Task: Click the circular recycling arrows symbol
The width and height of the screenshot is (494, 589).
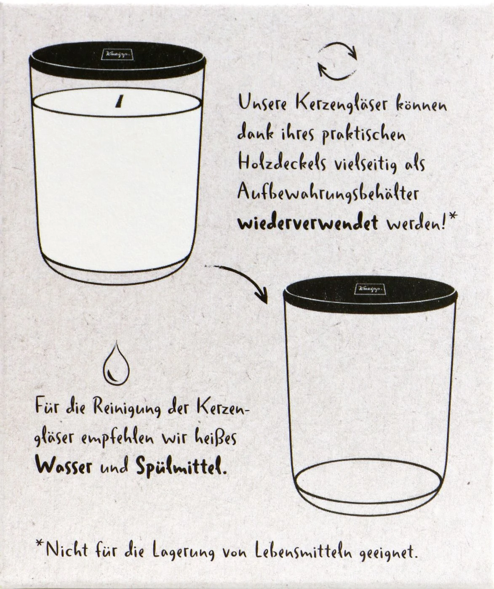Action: pyautogui.click(x=337, y=61)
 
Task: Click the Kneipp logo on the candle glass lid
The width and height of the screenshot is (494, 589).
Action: pyautogui.click(x=117, y=54)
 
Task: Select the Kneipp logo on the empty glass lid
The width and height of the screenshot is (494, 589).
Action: pyautogui.click(x=369, y=289)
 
